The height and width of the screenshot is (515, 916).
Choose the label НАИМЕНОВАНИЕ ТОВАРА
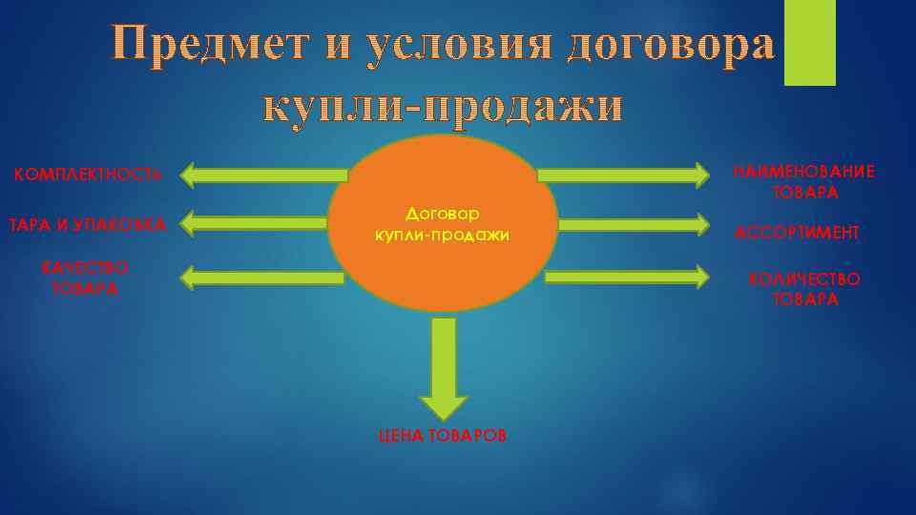click(803, 181)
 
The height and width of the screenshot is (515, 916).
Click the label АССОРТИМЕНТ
click(798, 232)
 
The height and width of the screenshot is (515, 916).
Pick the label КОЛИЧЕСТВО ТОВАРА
click(804, 288)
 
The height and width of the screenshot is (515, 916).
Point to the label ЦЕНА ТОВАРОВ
click(443, 435)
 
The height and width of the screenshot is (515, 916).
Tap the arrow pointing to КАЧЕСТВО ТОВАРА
click(261, 278)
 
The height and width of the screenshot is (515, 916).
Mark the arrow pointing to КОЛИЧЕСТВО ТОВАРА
click(628, 277)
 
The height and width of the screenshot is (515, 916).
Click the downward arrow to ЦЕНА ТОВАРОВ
click(444, 367)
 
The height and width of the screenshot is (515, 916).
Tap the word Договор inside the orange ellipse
click(443, 215)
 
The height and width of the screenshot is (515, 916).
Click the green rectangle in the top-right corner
click(809, 42)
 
